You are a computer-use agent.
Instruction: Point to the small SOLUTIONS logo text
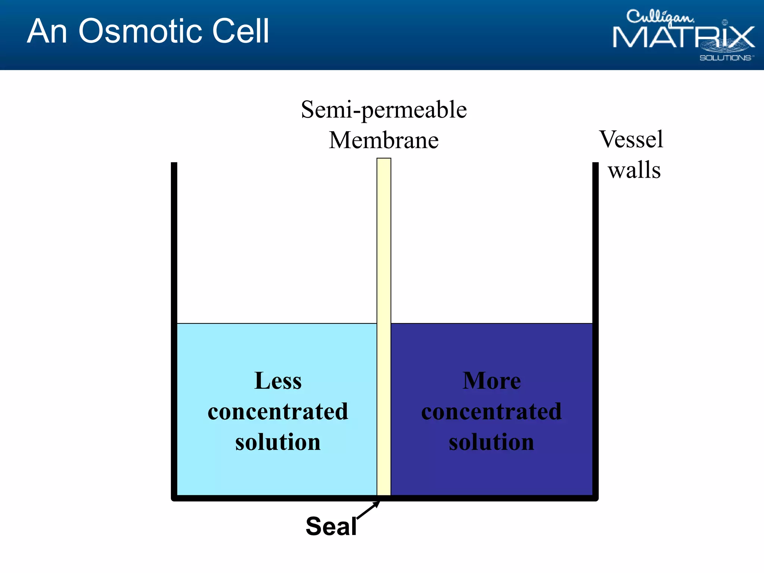[726, 58]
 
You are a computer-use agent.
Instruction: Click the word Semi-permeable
[384, 110]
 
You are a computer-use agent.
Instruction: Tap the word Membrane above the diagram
[384, 140]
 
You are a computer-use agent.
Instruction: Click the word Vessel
[631, 139]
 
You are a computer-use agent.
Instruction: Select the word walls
[634, 170]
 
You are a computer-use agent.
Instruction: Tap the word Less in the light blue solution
[278, 381]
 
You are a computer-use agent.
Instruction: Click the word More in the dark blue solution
[492, 381]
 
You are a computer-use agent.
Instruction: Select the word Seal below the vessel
[331, 526]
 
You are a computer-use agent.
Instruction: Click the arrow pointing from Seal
[369, 510]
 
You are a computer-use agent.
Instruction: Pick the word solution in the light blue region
[278, 442]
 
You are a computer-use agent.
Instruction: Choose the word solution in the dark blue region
[492, 442]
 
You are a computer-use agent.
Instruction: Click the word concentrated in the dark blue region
[492, 411]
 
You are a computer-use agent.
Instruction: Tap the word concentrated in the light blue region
[278, 411]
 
